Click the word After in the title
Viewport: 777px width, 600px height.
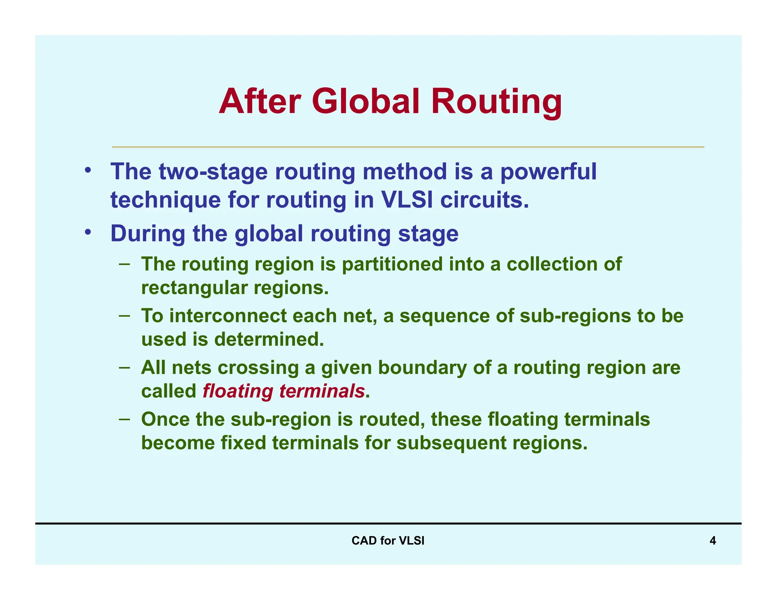(260, 101)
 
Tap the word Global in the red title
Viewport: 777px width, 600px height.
(366, 101)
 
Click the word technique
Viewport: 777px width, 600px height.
(165, 201)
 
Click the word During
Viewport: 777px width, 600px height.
(148, 233)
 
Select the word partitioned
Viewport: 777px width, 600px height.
(392, 264)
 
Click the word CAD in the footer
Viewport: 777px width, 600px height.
(364, 541)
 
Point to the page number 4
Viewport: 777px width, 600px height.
(713, 541)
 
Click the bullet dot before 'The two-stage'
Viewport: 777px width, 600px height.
(88, 171)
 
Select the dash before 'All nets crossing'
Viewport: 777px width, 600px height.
(124, 367)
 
